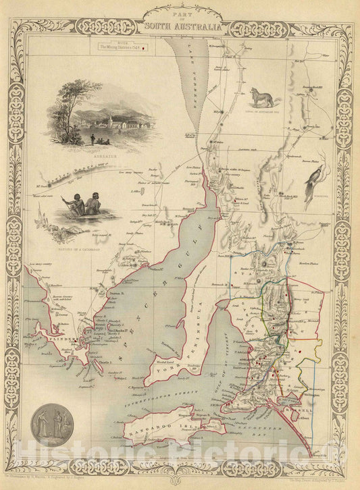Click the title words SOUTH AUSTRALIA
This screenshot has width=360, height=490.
click(182, 28)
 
